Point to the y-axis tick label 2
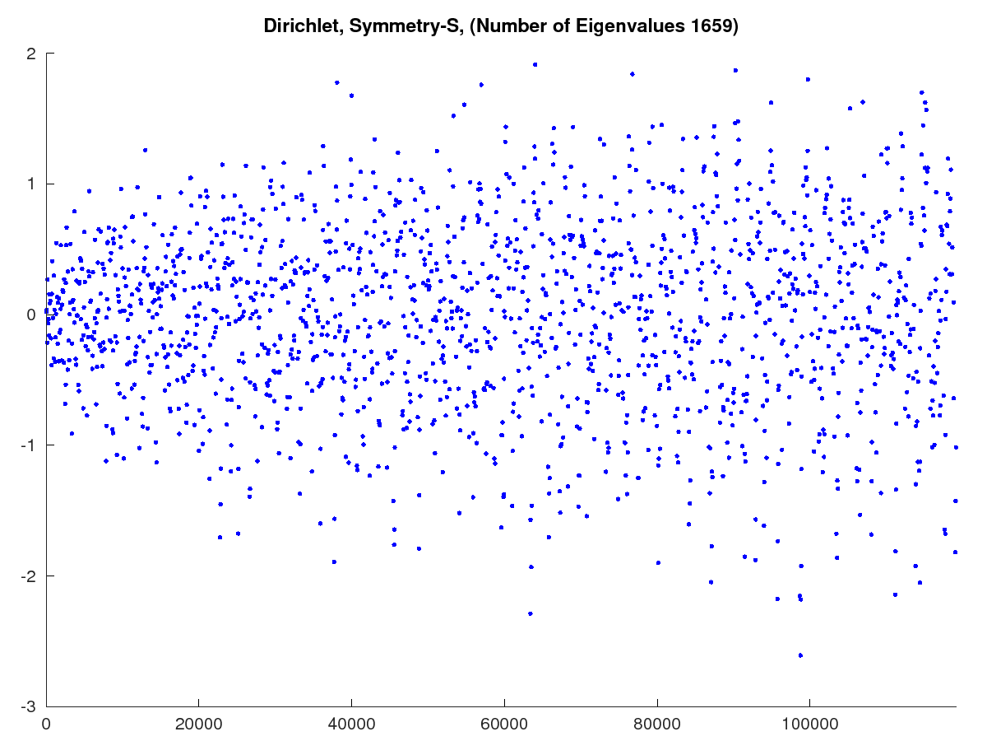(x=31, y=54)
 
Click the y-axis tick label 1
(x=31, y=184)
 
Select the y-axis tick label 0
(x=31, y=315)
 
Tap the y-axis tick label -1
(x=28, y=445)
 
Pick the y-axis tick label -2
(x=28, y=576)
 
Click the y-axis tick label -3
(x=28, y=706)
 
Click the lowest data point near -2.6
(x=800, y=655)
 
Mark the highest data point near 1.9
(x=535, y=64)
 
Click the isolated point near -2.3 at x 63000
(x=530, y=613)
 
